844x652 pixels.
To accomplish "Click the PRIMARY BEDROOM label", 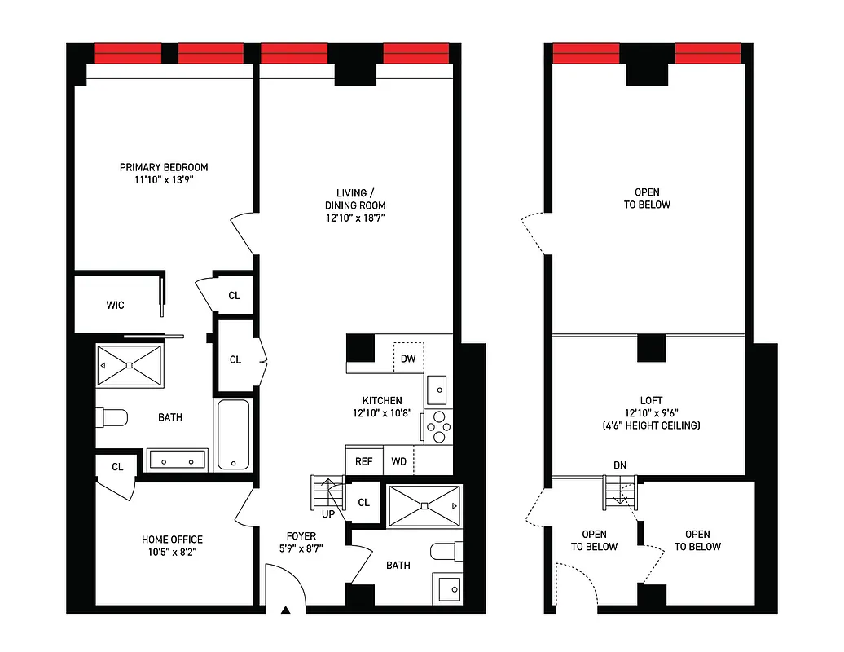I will coord(165,168).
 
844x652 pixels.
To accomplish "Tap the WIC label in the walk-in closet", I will coord(115,306).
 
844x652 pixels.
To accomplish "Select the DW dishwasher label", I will coord(408,359).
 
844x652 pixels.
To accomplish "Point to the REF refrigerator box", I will coord(363,461).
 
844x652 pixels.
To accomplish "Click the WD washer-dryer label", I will coord(399,461).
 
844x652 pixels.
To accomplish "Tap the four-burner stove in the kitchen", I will coord(438,426).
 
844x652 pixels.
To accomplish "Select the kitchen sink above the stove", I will coord(437,390).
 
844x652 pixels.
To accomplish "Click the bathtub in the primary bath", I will coord(235,434).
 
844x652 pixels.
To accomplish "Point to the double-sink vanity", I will coord(178,460).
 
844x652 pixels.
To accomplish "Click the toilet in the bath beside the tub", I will coord(112,418).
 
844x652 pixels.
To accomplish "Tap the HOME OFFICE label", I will coord(172,540).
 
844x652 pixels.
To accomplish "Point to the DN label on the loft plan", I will coord(620,465).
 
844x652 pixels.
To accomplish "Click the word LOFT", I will coord(651,400).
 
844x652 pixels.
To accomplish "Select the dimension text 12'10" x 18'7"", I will coord(355,218).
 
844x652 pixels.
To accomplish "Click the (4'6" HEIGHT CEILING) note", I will coord(651,425).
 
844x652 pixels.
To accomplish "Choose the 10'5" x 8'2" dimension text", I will coord(172,552).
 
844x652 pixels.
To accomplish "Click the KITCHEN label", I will coord(382,400).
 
